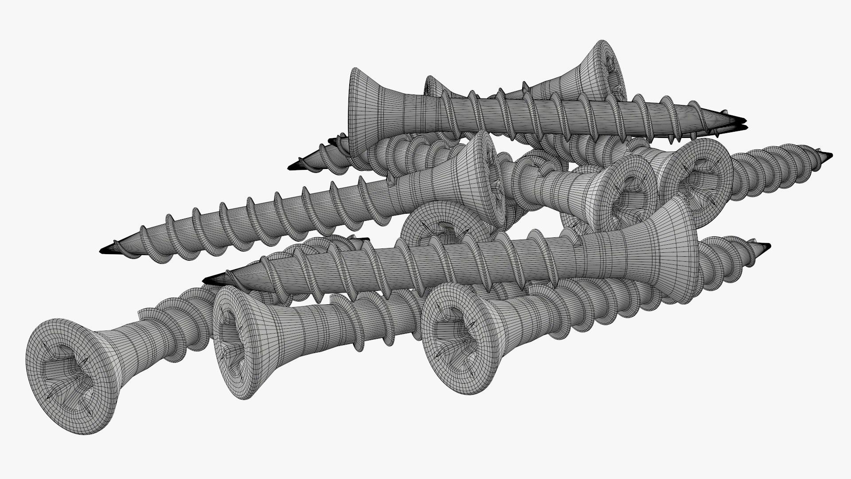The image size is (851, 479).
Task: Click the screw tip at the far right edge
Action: [x=828, y=156]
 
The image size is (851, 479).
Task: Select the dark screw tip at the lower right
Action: [x=765, y=246]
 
